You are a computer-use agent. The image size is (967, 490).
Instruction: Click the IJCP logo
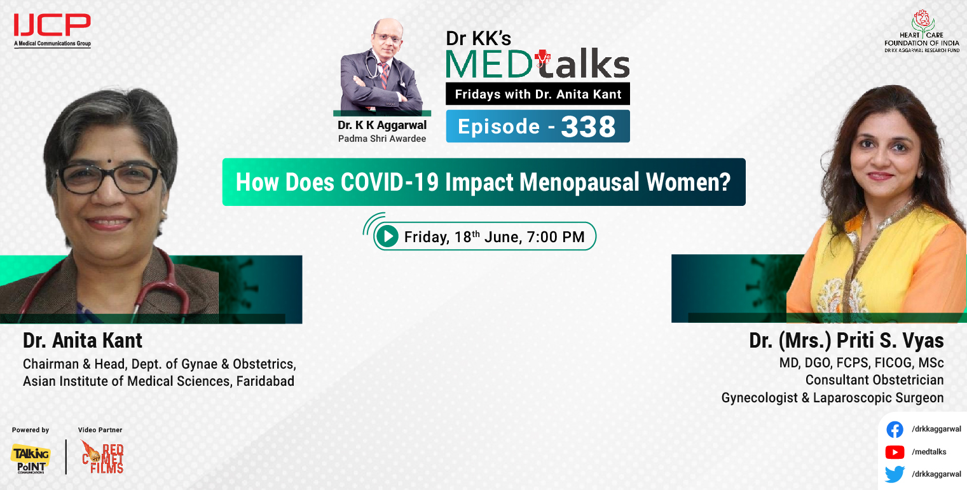[x=52, y=29]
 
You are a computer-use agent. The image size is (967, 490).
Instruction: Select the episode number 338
[x=588, y=127]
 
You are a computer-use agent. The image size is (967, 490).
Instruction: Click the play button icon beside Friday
[x=387, y=237]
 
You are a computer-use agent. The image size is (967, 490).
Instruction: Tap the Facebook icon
[x=895, y=430]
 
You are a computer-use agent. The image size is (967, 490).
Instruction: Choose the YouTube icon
[x=895, y=452]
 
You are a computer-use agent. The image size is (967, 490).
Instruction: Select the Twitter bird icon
[x=895, y=474]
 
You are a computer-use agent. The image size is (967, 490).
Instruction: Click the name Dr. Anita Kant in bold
[x=83, y=341]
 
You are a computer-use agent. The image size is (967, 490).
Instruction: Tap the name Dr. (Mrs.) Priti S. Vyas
[x=846, y=341]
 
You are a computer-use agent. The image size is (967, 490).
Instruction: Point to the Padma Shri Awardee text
[x=382, y=138]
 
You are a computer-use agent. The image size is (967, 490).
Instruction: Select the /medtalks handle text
[x=929, y=452]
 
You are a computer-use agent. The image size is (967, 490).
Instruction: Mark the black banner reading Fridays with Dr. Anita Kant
[x=538, y=94]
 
